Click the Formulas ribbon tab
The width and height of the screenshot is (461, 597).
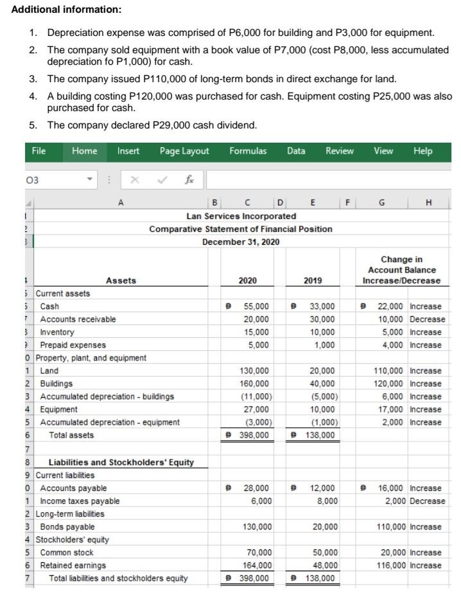248,151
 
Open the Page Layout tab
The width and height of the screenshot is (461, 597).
184,151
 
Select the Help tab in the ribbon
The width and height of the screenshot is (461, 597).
423,151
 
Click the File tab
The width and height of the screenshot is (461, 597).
39,151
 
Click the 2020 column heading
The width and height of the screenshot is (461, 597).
247,280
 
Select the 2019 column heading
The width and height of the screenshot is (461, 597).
313,280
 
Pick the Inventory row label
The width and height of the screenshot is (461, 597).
57,332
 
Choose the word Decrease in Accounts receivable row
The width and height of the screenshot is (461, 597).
428,319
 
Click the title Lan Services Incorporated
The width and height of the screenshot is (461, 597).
241,217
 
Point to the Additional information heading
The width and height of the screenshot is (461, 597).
57,10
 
